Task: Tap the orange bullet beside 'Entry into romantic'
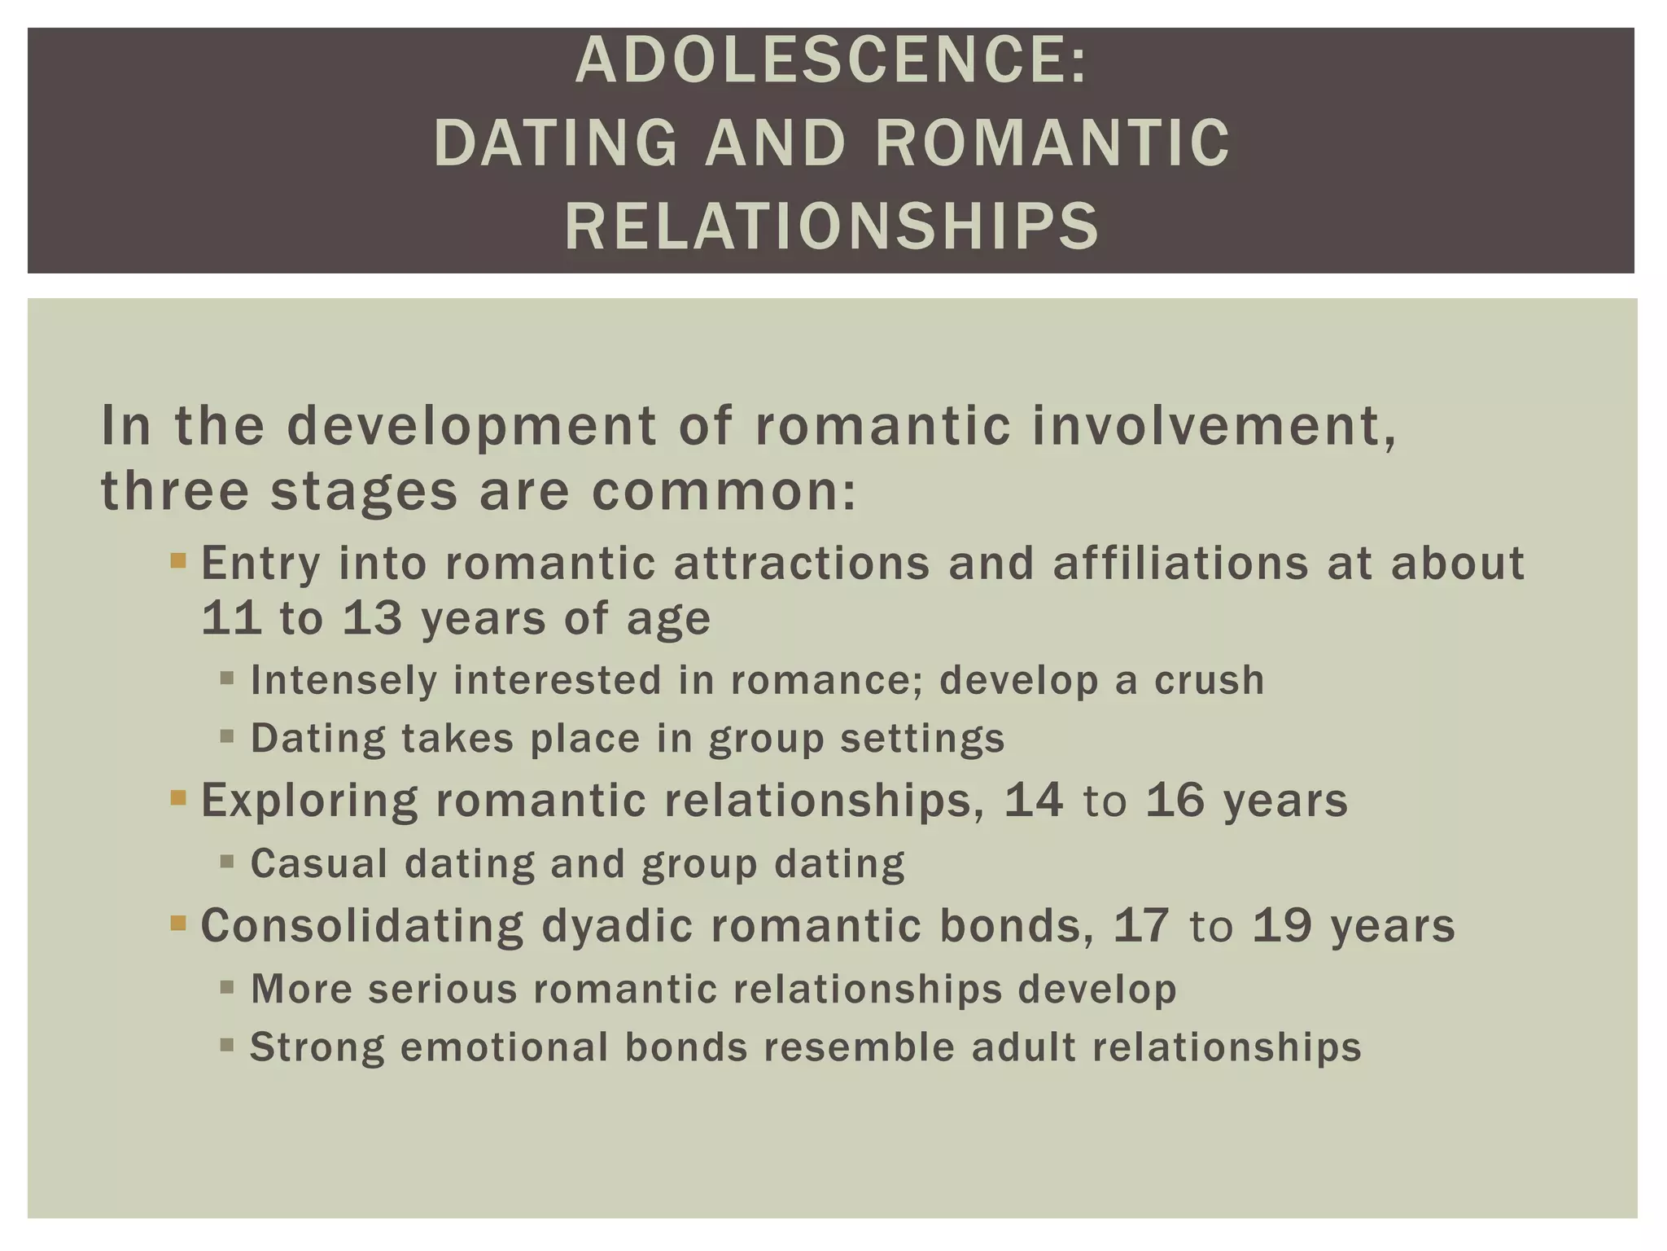(x=178, y=560)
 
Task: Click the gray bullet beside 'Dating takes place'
(x=227, y=736)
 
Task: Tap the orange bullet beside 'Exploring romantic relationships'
(x=178, y=797)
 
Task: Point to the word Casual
(x=319, y=863)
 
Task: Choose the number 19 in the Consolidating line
(x=1282, y=925)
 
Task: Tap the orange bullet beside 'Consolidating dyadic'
(x=178, y=923)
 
